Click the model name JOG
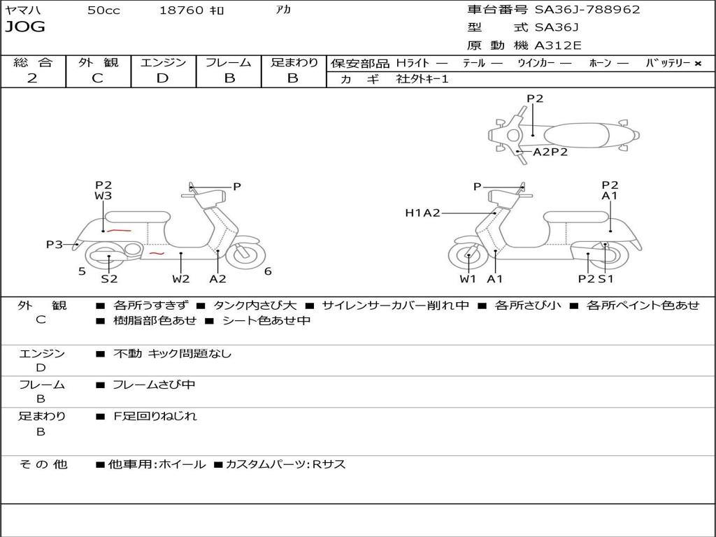[x=25, y=27]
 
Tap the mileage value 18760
[x=182, y=10]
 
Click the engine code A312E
[x=557, y=46]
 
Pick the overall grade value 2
[x=32, y=78]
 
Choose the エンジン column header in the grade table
[x=163, y=62]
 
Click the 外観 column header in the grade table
[x=98, y=62]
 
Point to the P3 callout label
[x=55, y=245]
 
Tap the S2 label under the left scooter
[x=109, y=279]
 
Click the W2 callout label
[x=181, y=279]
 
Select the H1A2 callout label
[x=422, y=213]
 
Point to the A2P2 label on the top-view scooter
[x=550, y=152]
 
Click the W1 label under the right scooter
[x=468, y=279]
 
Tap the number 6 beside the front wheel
[x=268, y=271]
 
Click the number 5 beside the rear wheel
[x=82, y=271]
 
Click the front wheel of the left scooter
[x=245, y=255]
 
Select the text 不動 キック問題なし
[x=172, y=354]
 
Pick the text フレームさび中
[x=154, y=385]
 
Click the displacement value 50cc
[x=103, y=10]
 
